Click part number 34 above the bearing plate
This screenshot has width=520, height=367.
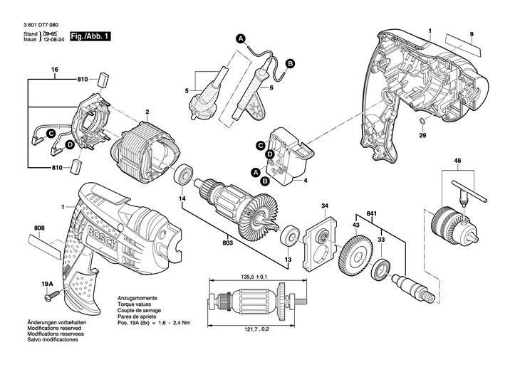(324, 207)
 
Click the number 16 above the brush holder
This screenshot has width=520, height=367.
(54, 69)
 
